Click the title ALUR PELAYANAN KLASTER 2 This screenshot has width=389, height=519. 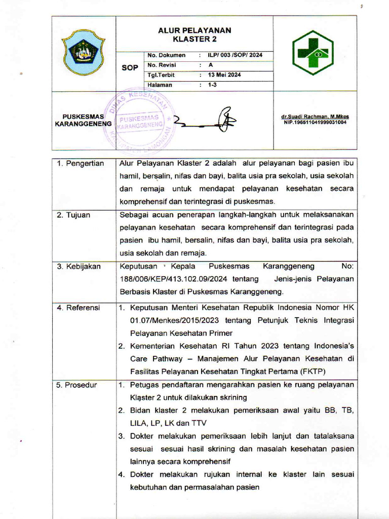tap(194, 34)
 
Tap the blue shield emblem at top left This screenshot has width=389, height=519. tap(83, 52)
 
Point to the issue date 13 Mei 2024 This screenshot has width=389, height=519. tap(224, 75)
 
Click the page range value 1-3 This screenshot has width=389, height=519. tap(212, 85)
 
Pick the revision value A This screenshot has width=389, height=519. tap(211, 65)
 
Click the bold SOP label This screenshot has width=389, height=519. tap(130, 68)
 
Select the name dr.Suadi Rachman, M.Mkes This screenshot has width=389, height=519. tap(315, 117)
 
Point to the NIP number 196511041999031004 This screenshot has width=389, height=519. tap(315, 123)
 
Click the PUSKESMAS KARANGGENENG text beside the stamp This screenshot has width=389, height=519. tap(83, 120)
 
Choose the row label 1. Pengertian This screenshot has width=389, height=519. tap(80, 163)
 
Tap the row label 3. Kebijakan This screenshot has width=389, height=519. tap(79, 267)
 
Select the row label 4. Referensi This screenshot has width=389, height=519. tap(78, 308)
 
